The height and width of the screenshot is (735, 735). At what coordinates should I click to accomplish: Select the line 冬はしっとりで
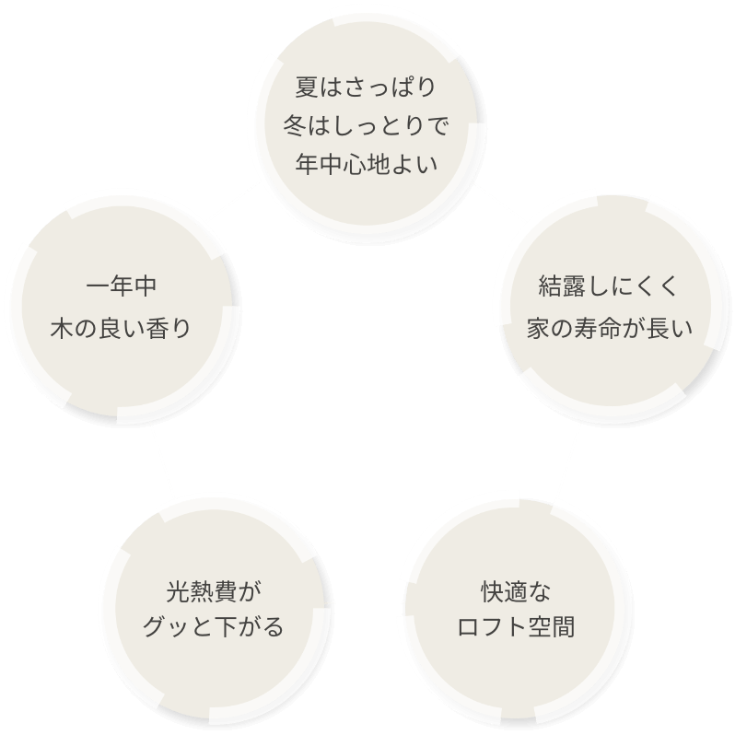[x=367, y=126]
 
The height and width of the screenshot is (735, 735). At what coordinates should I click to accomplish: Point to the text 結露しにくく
[x=607, y=286]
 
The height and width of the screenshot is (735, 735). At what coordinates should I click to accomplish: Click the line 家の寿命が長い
[x=607, y=326]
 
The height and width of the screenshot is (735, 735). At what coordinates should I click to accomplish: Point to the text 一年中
[x=121, y=286]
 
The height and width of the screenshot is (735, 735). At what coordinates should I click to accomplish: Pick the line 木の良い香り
[x=121, y=326]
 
